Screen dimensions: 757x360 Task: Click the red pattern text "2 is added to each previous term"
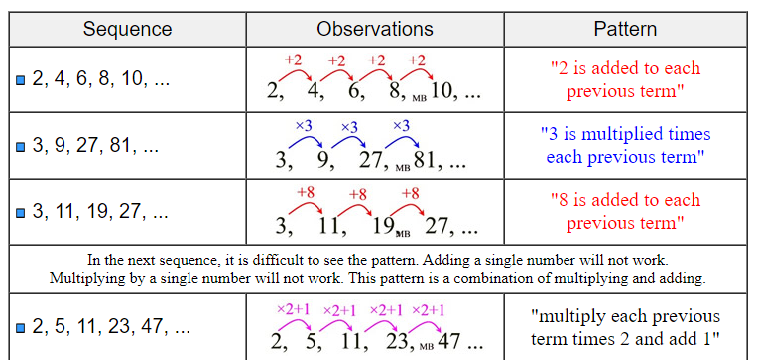[x=625, y=80]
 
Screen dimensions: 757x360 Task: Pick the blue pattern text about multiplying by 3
[x=625, y=145]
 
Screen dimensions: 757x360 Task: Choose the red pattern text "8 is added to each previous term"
[x=625, y=210]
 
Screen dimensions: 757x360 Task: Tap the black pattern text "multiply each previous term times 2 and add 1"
[x=625, y=328]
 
